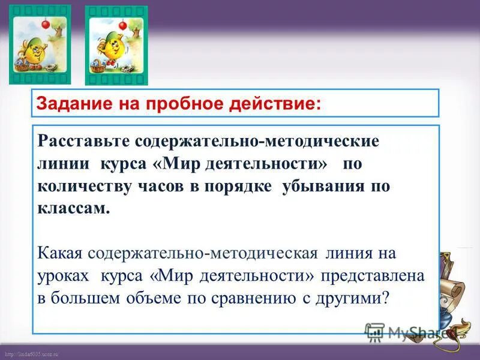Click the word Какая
point(60,253)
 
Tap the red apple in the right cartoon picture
point(123,25)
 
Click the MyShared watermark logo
point(408,332)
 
